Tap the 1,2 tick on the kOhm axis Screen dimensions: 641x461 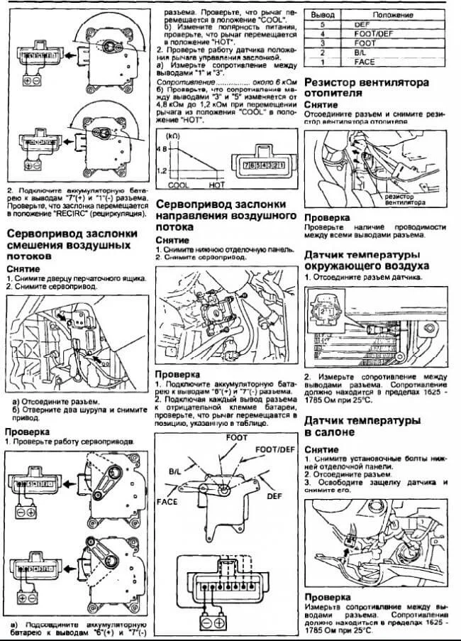162,171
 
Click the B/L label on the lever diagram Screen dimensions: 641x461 174,471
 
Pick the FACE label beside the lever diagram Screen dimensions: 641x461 167,501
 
